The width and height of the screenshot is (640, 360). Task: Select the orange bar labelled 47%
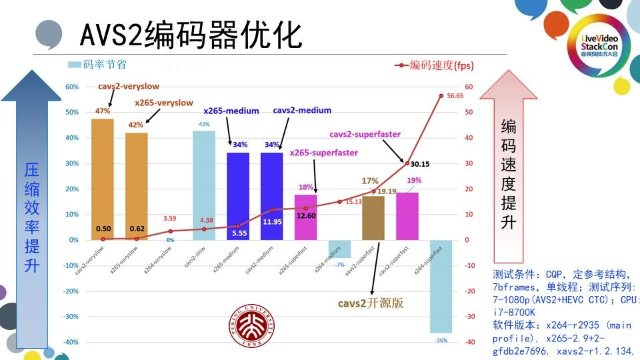[x=103, y=179]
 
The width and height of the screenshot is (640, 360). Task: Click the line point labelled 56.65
[x=441, y=96]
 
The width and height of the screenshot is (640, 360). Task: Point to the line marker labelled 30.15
[x=407, y=163]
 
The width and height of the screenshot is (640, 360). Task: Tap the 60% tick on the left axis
[x=72, y=87]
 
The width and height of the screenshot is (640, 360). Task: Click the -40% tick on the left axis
[x=71, y=342]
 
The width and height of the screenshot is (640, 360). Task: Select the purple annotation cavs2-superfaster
[x=365, y=134]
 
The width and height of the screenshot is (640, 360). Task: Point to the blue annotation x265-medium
[x=231, y=111]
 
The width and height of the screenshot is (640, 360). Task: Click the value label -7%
[x=339, y=265]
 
